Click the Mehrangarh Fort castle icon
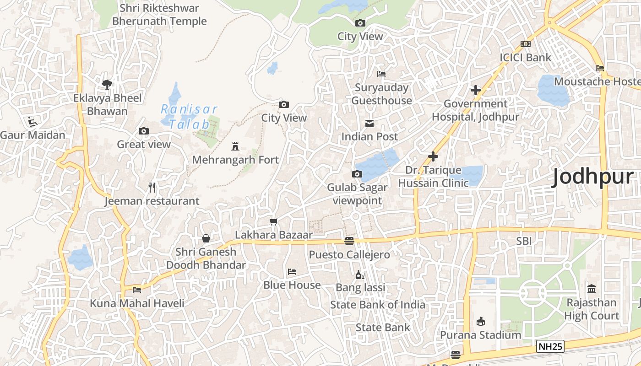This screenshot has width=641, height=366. coord(235,146)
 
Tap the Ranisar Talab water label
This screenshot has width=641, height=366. coord(189,116)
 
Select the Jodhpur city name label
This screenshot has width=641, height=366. coord(592,177)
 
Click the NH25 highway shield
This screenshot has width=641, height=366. coord(550,346)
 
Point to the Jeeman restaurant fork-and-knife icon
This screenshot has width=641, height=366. coord(152,187)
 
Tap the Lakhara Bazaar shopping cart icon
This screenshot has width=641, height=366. coord(273,222)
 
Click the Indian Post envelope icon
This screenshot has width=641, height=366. coord(369,124)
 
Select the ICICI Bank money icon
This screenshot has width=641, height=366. coord(525,44)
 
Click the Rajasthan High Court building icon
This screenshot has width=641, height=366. coord(591,289)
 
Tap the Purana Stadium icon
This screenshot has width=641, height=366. coord(480,322)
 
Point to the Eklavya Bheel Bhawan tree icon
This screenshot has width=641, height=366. coord(107,84)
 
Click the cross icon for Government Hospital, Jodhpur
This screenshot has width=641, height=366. coord(476,90)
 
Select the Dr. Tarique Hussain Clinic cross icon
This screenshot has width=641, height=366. coord(433,157)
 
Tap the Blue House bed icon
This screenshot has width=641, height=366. coord(292,272)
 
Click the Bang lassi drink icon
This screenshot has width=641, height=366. coord(360,275)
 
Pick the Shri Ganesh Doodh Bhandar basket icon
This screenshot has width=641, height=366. coord(206,238)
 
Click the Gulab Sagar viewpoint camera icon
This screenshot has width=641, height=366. coord(357,174)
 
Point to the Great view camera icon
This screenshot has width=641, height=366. coord(143,131)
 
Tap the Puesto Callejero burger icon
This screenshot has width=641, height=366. coord(349,241)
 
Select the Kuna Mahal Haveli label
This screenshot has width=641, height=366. coord(137,303)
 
